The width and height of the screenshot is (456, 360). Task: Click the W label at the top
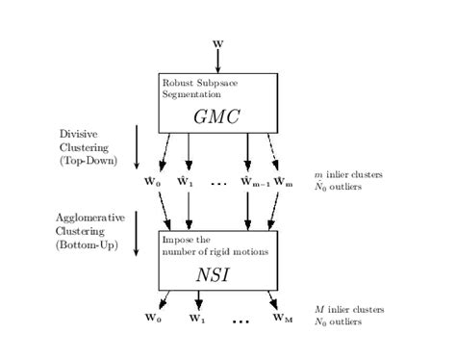(x=217, y=41)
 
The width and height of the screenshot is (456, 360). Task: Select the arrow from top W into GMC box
(x=217, y=60)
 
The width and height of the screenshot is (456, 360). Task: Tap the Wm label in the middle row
(x=283, y=180)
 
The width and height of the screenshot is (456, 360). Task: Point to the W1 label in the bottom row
(x=196, y=318)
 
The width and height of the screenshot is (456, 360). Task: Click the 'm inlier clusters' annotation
(x=348, y=174)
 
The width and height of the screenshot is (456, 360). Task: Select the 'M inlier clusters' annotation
(x=349, y=310)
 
